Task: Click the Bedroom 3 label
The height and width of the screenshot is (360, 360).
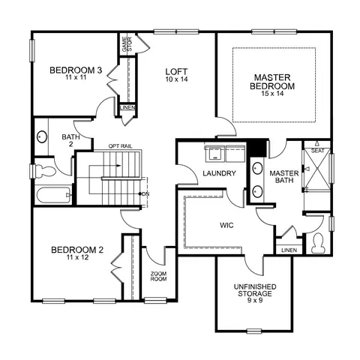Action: [x=76, y=70]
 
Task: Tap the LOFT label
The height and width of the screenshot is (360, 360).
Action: [x=176, y=72]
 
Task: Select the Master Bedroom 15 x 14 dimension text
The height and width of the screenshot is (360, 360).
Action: [x=272, y=94]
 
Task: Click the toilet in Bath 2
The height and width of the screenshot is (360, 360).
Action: [x=45, y=172]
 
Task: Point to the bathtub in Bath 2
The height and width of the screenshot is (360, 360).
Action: [x=53, y=196]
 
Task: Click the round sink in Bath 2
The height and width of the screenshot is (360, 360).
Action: [x=42, y=136]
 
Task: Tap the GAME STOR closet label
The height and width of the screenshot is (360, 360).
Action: [x=127, y=44]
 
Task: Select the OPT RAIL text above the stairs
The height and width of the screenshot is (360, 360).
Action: [x=120, y=146]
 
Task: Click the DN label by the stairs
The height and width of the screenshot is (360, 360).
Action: [x=145, y=193]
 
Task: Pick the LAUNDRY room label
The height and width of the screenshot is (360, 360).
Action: [x=219, y=173]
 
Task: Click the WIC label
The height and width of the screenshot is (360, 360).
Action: [x=226, y=225]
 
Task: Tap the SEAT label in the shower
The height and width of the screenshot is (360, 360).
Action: [x=317, y=151]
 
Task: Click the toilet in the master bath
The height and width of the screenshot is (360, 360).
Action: [x=318, y=243]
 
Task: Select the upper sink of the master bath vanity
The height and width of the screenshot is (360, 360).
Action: [x=257, y=168]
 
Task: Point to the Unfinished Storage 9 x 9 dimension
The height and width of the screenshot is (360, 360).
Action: [x=255, y=300]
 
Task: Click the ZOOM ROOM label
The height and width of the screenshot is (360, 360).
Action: [x=158, y=276]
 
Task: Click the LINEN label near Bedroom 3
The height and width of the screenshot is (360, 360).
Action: [x=127, y=108]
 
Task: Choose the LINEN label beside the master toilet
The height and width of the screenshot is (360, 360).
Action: [x=289, y=250]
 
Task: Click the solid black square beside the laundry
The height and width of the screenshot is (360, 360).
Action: [x=256, y=148]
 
